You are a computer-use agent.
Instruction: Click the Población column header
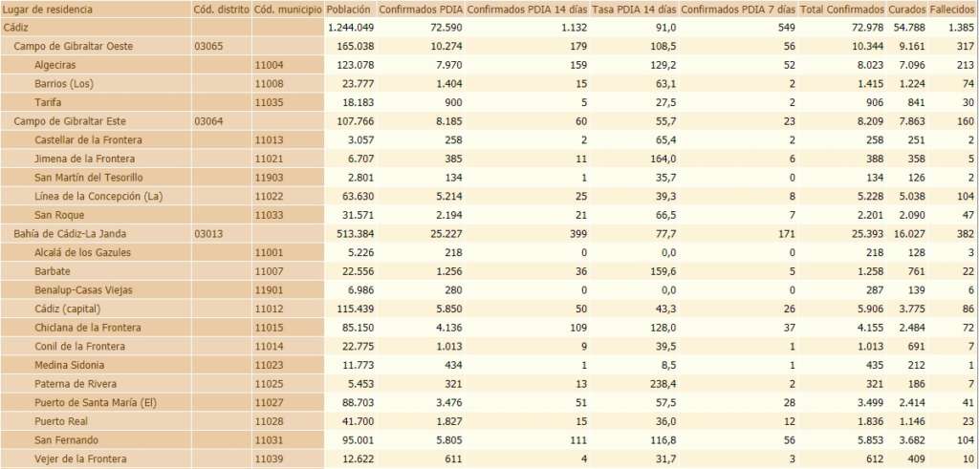tap(348, 10)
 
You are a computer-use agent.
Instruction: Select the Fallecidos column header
tap(952, 10)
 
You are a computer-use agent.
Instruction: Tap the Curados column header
tap(906, 10)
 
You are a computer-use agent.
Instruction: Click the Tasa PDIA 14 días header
tap(633, 10)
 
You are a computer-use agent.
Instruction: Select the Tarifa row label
tap(49, 102)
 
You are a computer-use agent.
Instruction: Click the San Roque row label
tap(59, 215)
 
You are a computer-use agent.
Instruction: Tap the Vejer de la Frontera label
tap(80, 458)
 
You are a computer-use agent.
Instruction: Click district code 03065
tap(208, 46)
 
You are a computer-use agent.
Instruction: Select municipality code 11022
tap(271, 196)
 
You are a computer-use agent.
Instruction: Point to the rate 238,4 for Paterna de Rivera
tap(657, 384)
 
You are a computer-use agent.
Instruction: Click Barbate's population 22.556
tap(351, 271)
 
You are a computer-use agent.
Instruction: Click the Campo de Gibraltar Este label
tap(70, 121)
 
